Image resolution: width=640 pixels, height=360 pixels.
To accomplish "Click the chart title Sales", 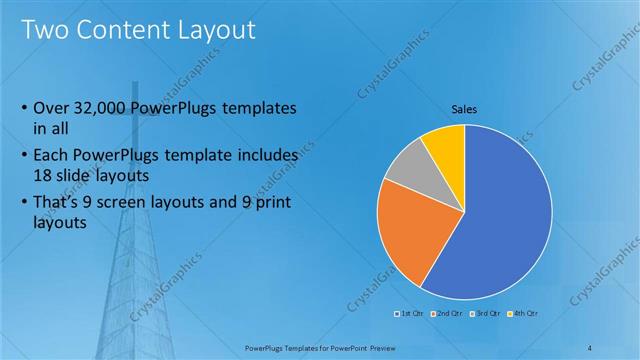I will click(464, 109).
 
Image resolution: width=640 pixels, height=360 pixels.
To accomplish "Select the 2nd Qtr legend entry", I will click(445, 313).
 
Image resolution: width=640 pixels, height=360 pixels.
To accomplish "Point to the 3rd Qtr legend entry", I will click(483, 313).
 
